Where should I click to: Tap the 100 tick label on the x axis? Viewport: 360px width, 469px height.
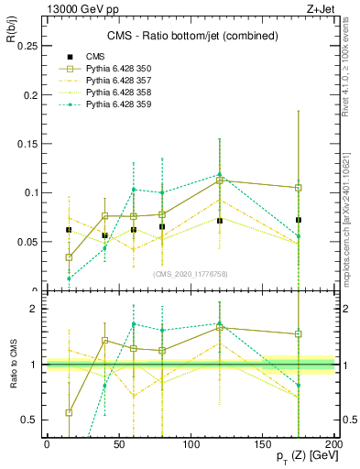[191, 443]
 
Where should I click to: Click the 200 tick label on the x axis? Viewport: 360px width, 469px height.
[334, 443]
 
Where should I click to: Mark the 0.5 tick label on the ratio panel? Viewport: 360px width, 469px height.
[29, 420]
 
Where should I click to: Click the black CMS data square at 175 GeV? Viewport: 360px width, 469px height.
[299, 220]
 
